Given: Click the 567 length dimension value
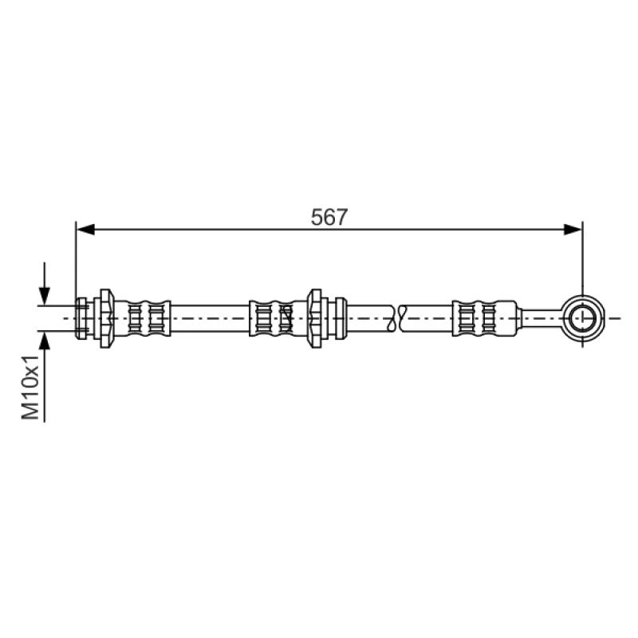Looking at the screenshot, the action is tap(329, 217).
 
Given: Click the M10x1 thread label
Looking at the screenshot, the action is tap(30, 387).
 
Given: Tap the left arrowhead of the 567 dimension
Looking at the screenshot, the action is tap(85, 230).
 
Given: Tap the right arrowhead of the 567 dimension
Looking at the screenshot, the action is tap(573, 230).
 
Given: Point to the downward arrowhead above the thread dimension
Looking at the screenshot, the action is tap(45, 296).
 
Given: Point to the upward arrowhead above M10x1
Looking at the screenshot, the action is tap(45, 341).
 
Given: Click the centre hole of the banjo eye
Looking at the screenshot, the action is tap(583, 317).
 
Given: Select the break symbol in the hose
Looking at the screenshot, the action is tap(397, 318).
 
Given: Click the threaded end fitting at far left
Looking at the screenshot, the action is tap(82, 318).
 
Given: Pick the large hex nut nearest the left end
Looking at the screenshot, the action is tap(107, 318).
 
